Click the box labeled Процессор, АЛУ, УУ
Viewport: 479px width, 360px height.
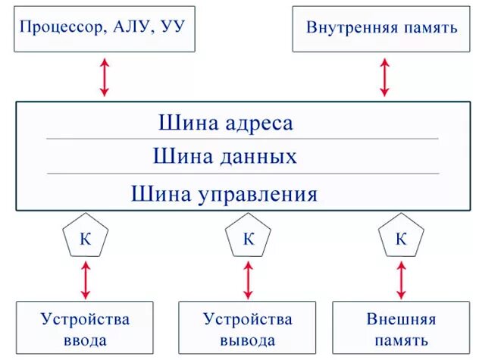104,28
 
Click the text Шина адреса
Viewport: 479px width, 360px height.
225,123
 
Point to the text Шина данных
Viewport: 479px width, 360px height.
224,157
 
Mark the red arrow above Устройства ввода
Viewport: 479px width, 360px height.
85,279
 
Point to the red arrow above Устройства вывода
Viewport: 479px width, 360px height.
248,279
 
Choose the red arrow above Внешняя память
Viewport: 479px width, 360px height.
401,279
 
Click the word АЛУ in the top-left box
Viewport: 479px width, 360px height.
133,28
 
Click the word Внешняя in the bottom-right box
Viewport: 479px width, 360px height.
401,318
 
